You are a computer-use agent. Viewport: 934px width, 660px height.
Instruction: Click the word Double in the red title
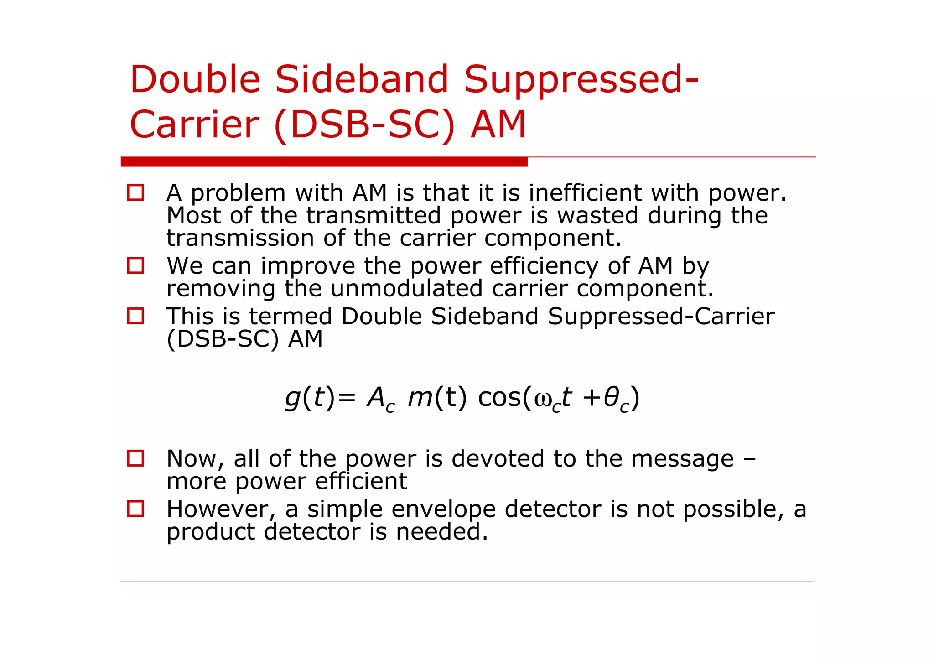pyautogui.click(x=195, y=79)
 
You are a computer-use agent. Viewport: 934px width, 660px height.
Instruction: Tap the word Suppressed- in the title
pyautogui.click(x=581, y=79)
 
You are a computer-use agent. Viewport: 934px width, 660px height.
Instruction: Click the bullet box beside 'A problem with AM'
pyautogui.click(x=135, y=192)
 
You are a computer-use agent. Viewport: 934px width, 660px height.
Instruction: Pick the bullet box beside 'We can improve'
pyautogui.click(x=135, y=265)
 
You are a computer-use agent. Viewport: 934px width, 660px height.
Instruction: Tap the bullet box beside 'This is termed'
pyautogui.click(x=135, y=316)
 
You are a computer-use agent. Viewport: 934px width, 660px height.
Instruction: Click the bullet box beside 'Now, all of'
pyautogui.click(x=135, y=458)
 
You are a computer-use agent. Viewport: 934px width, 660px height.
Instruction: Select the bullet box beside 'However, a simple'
pyautogui.click(x=135, y=509)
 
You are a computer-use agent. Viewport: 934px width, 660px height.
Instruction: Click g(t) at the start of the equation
pyautogui.click(x=310, y=398)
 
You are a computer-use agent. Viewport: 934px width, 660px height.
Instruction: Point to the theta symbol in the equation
pyautogui.click(x=611, y=398)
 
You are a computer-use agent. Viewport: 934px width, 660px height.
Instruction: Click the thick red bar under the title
pyautogui.click(x=324, y=162)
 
